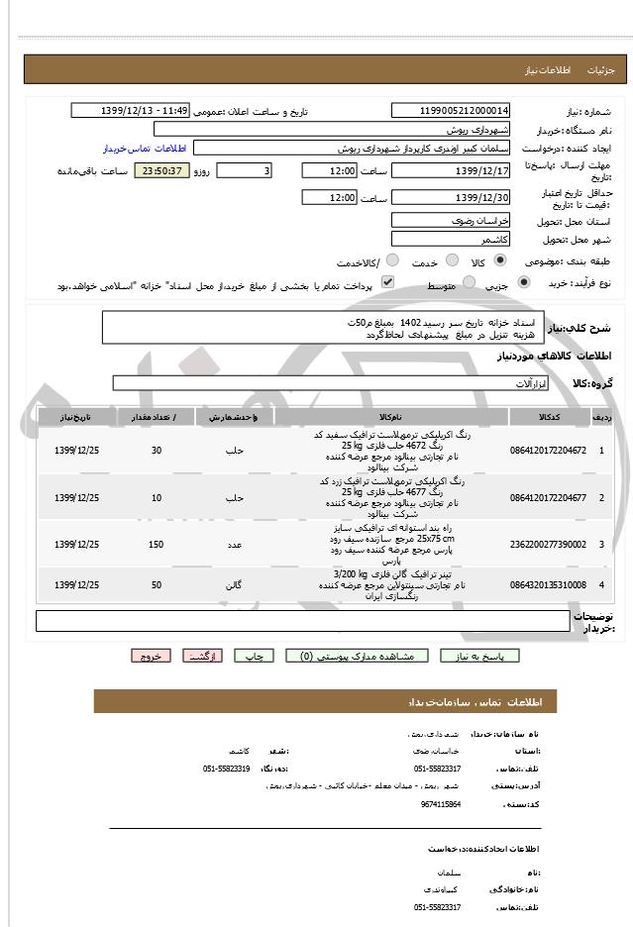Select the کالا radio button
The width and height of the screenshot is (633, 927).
pyautogui.click(x=498, y=260)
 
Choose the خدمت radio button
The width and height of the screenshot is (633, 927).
pyautogui.click(x=449, y=260)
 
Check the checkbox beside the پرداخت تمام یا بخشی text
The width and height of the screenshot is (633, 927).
pyautogui.click(x=388, y=283)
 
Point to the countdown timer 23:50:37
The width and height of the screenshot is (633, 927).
pyautogui.click(x=159, y=171)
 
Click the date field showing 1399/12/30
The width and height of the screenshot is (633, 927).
pyautogui.click(x=452, y=197)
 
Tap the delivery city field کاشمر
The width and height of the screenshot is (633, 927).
pyautogui.click(x=452, y=240)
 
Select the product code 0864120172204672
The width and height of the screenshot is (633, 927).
pyautogui.click(x=548, y=451)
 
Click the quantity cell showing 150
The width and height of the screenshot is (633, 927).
pyautogui.click(x=157, y=544)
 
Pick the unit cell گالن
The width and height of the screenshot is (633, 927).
pyautogui.click(x=235, y=585)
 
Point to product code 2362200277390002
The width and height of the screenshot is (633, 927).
pyautogui.click(x=548, y=544)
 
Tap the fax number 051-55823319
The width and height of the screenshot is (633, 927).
pyautogui.click(x=227, y=769)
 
